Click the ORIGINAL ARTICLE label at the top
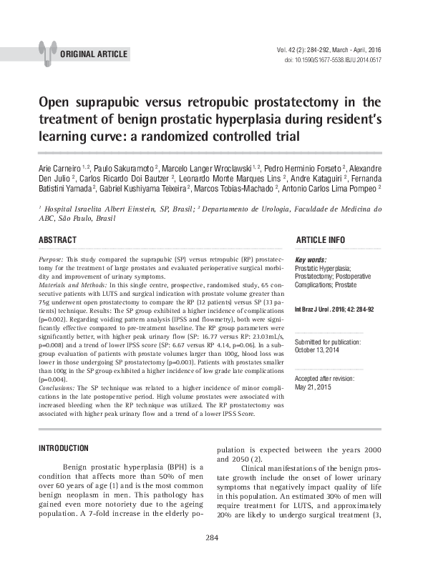pyautogui.click(x=94, y=54)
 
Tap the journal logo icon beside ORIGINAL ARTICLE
pyautogui.click(x=47, y=51)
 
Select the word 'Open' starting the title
pyautogui.click(x=54, y=103)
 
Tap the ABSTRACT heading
pyautogui.click(x=57, y=239)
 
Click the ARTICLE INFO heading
pyautogui.click(x=320, y=239)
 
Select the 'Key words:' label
pyautogui.click(x=311, y=259)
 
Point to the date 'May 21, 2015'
pyautogui.click(x=316, y=387)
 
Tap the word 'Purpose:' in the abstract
pyautogui.click(x=52, y=257)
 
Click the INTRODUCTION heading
pyautogui.click(x=63, y=448)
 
